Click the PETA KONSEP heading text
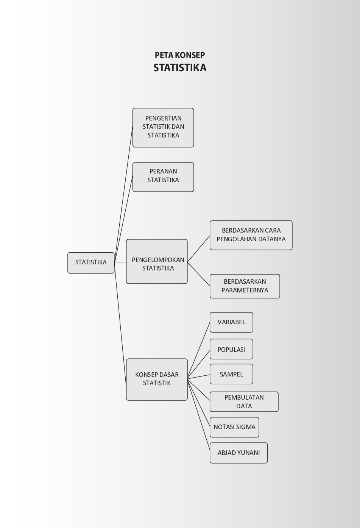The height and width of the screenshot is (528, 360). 180,55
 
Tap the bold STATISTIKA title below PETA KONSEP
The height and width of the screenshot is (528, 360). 180,68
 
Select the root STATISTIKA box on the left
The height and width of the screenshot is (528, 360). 91,263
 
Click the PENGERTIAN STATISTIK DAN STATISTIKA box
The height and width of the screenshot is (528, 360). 163,128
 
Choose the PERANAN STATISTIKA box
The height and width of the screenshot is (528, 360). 163,177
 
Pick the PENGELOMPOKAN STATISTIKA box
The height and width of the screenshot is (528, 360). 157,261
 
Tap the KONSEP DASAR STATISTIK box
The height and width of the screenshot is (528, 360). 157,380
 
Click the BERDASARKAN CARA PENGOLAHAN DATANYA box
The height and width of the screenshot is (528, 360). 251,235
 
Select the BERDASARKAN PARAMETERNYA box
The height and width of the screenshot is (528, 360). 245,286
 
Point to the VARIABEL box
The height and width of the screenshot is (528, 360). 231,322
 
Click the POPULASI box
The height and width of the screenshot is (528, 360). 231,349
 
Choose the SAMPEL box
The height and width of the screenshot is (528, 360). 231,374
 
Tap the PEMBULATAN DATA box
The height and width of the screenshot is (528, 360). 244,401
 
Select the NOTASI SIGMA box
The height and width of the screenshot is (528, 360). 234,427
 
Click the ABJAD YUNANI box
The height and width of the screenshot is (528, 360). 238,453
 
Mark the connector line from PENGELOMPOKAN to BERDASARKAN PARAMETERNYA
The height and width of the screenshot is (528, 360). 199,274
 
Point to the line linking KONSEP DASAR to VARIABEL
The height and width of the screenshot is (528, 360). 199,350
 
